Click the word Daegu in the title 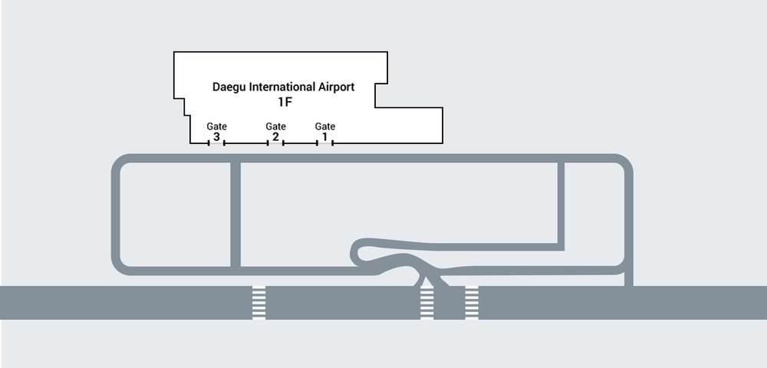click(229, 87)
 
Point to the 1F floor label click(284, 101)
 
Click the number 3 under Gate click(216, 137)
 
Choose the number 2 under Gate click(275, 137)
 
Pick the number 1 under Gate click(325, 137)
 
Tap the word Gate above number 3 click(216, 127)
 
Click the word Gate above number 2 click(275, 127)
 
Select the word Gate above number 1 click(325, 127)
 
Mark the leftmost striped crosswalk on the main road click(259, 303)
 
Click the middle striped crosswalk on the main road click(426, 303)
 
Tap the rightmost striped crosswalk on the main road click(472, 303)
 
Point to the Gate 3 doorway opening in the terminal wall click(216, 143)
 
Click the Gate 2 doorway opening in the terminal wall click(275, 143)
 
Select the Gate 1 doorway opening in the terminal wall click(325, 143)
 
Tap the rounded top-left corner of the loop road click(120, 163)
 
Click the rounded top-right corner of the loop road click(624, 163)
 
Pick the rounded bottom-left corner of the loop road click(120, 266)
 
